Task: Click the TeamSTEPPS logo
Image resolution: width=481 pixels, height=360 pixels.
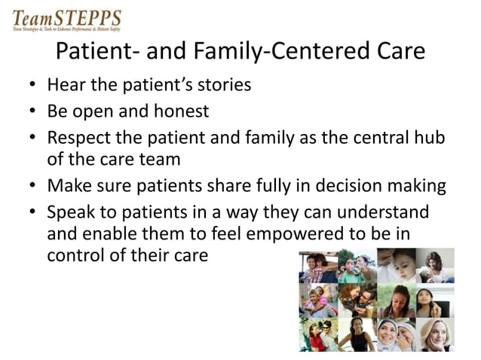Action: click(x=66, y=20)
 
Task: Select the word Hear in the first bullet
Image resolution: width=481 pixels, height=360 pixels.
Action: click(x=65, y=84)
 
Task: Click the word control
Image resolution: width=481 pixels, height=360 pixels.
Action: click(x=75, y=254)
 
